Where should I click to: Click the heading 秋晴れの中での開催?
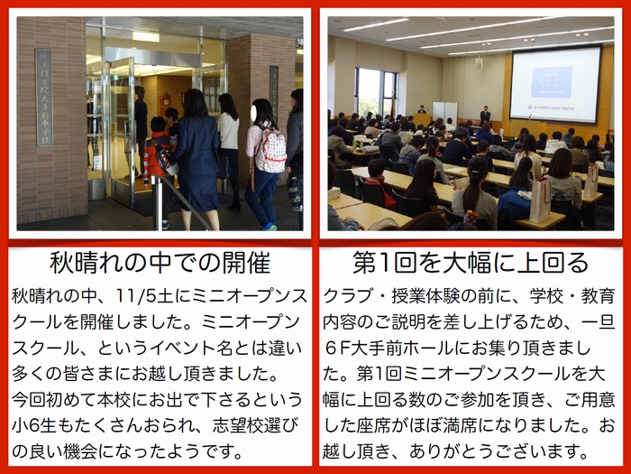(x=160, y=264)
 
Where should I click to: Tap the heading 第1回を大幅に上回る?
(x=471, y=264)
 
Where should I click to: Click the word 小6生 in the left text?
(x=34, y=425)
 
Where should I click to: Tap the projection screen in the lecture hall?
(x=555, y=85)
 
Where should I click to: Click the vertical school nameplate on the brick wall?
(x=44, y=98)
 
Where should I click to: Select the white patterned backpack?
(x=270, y=149)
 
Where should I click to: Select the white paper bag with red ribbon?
(x=541, y=200)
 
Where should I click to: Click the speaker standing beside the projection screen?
(x=485, y=116)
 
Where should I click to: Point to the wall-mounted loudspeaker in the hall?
(x=479, y=63)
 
